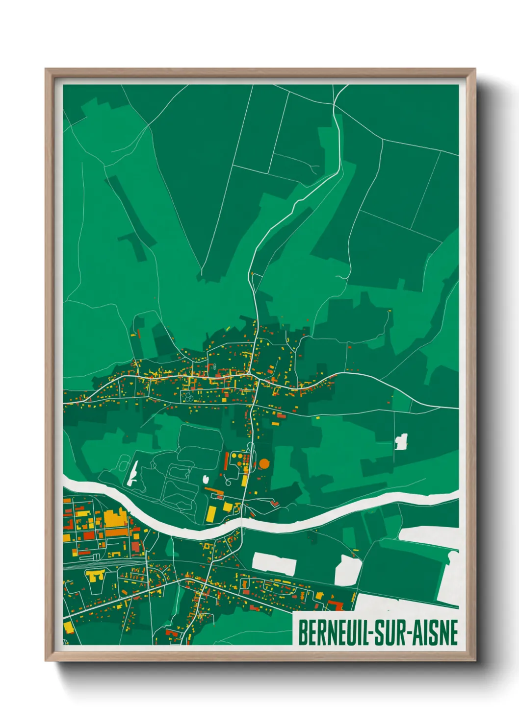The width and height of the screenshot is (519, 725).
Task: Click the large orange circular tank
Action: pos(264,463)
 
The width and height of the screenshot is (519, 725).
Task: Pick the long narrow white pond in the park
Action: pos(132,473)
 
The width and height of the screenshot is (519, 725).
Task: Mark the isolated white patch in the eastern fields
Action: pos(401,442)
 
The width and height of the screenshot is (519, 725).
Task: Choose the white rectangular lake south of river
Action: pos(274,563)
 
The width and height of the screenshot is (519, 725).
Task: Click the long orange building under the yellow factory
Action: pos(116,532)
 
